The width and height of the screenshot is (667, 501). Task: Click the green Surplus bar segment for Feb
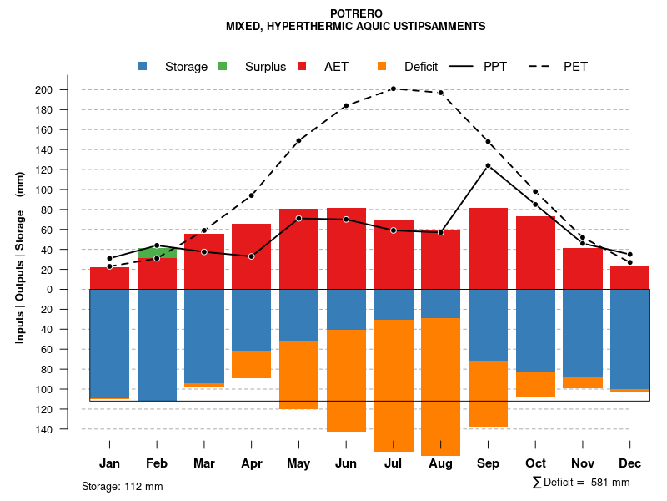click(157, 253)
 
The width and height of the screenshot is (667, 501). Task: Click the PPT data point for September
click(488, 165)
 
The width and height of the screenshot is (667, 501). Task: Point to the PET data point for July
click(394, 89)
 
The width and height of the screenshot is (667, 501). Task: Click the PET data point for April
click(251, 195)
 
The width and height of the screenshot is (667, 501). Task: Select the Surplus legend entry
click(265, 67)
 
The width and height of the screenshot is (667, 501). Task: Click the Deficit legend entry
click(420, 67)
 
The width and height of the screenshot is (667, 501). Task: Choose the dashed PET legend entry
click(575, 67)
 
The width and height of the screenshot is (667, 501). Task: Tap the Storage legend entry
click(185, 67)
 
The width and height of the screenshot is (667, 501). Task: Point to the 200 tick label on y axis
click(68, 90)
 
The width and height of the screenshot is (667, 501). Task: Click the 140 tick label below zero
click(68, 429)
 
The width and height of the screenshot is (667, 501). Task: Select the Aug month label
click(440, 463)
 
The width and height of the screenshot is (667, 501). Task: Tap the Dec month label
click(629, 463)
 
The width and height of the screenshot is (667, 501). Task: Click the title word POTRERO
click(355, 13)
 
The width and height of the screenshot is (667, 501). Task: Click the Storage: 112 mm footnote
click(122, 486)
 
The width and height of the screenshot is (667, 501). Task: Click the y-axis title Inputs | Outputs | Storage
click(20, 258)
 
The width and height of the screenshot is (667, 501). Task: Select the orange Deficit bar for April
click(251, 365)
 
